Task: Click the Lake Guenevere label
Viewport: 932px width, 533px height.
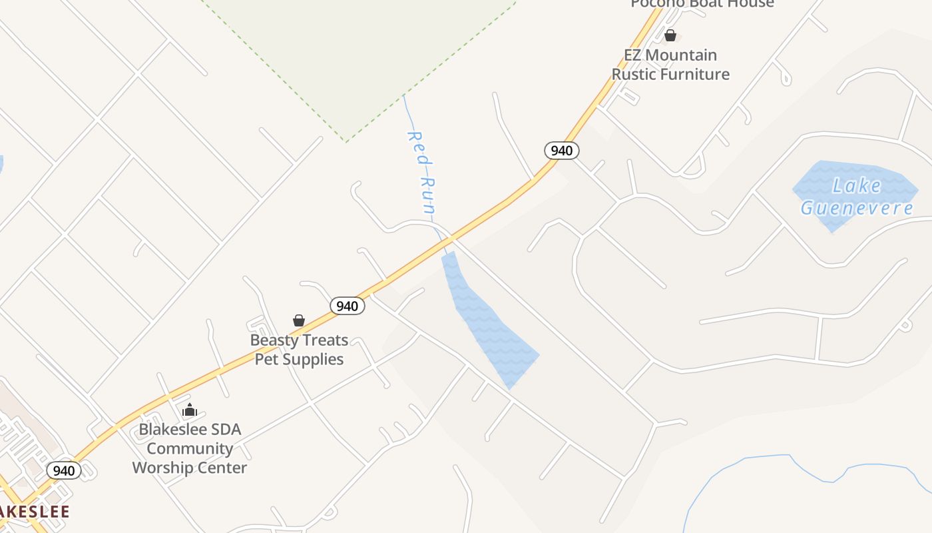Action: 857,197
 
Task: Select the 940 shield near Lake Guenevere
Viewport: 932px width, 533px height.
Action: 562,151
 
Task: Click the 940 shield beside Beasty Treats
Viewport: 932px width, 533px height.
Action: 347,306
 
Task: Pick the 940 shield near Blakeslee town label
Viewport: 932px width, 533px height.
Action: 64,470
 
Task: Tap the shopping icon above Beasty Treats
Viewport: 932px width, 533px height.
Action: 299,321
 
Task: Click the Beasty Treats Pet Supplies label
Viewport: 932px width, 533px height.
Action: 299,349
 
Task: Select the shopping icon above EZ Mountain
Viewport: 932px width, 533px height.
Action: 670,35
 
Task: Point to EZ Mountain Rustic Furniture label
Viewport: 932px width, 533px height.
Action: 670,65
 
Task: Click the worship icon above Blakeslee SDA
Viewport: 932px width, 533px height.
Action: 190,410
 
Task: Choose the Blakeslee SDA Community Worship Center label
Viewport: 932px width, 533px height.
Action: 190,448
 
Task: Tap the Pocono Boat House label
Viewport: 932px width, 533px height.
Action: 702,4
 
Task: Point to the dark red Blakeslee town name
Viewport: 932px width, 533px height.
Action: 33,512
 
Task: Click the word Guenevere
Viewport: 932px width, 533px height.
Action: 857,208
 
